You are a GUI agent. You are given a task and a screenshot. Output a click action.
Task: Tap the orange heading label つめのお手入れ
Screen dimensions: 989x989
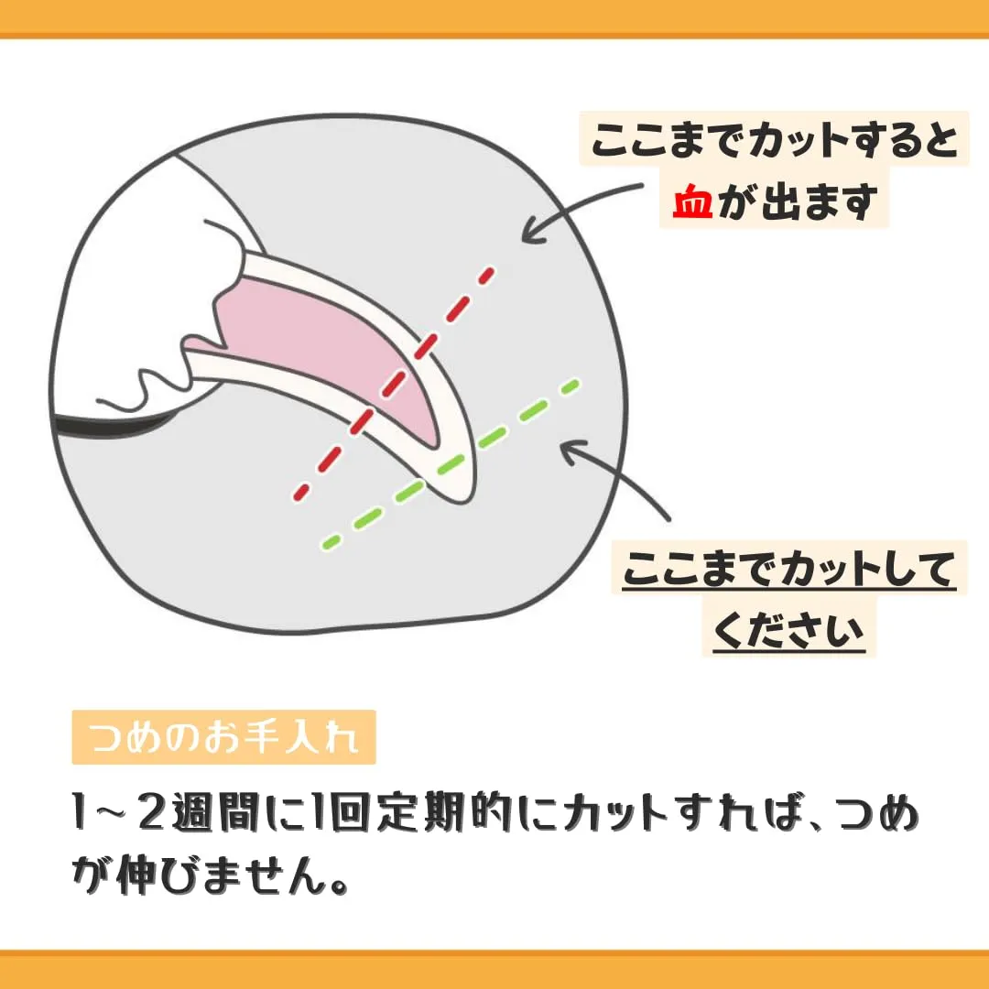tap(224, 736)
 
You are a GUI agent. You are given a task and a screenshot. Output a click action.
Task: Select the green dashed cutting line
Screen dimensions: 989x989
tap(451, 464)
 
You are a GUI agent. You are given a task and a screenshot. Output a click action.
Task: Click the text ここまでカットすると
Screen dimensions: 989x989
tap(775, 139)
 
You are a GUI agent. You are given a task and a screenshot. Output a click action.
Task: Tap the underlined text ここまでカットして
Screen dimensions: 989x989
tap(789, 570)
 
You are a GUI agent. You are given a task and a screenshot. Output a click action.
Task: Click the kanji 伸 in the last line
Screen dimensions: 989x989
tap(136, 875)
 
